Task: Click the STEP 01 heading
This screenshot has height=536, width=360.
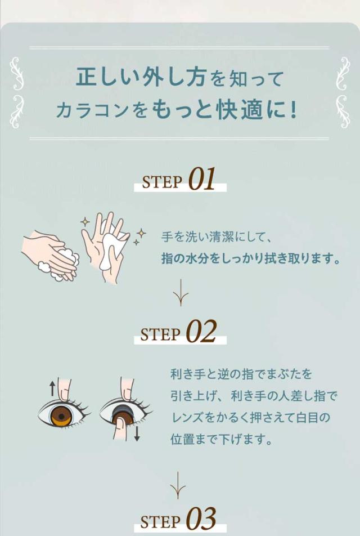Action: [x=179, y=179]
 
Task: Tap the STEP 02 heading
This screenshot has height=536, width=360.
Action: [x=178, y=331]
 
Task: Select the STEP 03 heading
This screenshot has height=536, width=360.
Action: [x=178, y=519]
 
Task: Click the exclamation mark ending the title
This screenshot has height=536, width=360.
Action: [x=292, y=110]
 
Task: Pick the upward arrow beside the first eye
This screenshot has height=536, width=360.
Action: [x=52, y=388]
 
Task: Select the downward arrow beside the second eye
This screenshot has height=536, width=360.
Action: [x=137, y=433]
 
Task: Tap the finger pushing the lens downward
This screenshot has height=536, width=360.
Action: [x=120, y=427]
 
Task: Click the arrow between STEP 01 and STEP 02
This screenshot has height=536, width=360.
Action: [x=181, y=293]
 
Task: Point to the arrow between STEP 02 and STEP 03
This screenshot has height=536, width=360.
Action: [x=178, y=485]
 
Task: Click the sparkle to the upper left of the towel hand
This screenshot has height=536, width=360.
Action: [x=85, y=222]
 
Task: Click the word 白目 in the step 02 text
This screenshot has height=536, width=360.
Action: [x=307, y=418]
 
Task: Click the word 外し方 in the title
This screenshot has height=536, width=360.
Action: [x=170, y=77]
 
